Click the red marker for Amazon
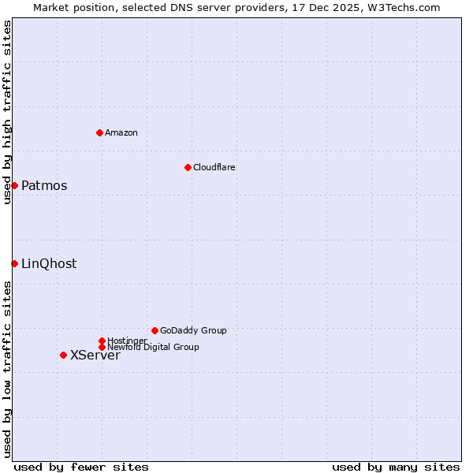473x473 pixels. (x=100, y=132)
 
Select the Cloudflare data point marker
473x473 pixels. (x=188, y=167)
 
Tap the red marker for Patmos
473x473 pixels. (x=14, y=185)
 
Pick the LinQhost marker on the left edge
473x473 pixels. (x=14, y=263)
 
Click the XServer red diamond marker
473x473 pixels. (x=63, y=355)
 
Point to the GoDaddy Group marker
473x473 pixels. (x=155, y=330)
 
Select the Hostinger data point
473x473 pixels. (x=102, y=341)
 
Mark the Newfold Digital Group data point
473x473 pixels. (x=102, y=347)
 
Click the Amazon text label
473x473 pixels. (x=121, y=132)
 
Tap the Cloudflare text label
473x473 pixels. (x=214, y=167)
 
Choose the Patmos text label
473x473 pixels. (x=44, y=186)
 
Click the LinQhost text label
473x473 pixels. (x=49, y=264)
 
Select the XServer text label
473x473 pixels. (x=95, y=356)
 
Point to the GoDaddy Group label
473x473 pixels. (x=193, y=330)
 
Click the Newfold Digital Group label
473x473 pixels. (x=153, y=347)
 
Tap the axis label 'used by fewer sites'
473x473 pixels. (x=81, y=467)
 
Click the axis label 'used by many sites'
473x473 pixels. (x=396, y=467)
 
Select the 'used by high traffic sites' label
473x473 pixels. (x=7, y=112)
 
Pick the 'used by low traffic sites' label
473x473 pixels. (x=7, y=369)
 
